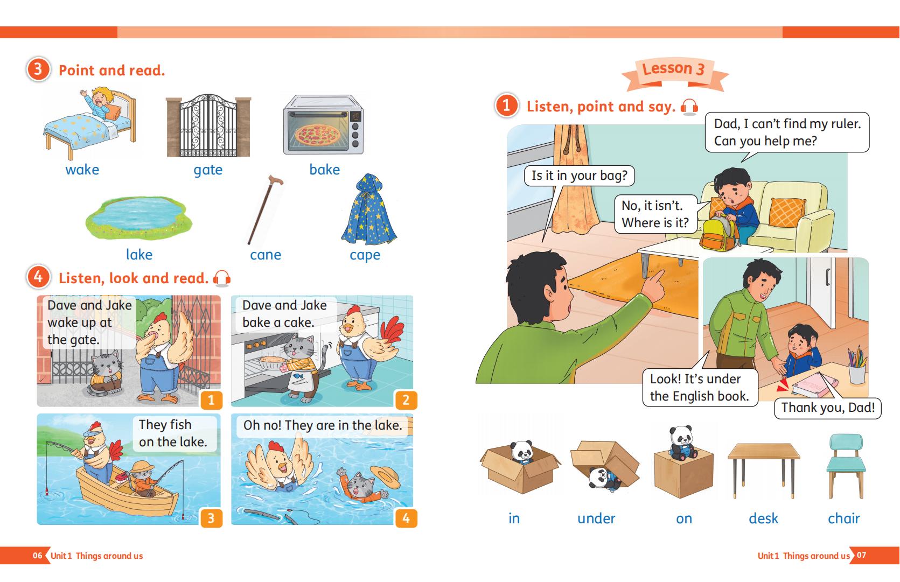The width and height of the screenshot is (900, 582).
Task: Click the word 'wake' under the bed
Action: pyautogui.click(x=82, y=170)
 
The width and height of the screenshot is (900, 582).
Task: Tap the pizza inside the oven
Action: pyautogui.click(x=317, y=134)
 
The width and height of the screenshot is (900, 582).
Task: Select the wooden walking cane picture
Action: pyautogui.click(x=265, y=209)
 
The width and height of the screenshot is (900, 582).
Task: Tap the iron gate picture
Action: pyautogui.click(x=208, y=126)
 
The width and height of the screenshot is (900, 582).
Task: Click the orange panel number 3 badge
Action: pyautogui.click(x=211, y=518)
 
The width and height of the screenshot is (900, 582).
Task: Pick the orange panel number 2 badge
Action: pyautogui.click(x=406, y=399)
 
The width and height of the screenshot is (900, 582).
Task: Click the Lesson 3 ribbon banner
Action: pyautogui.click(x=675, y=73)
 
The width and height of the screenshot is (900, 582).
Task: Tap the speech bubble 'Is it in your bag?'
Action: pyautogui.click(x=579, y=176)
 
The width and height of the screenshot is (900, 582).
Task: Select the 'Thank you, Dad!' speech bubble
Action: pyautogui.click(x=827, y=408)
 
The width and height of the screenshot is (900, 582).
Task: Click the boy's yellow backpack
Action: pyautogui.click(x=719, y=234)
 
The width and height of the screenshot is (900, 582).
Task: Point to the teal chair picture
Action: pyautogui.click(x=846, y=466)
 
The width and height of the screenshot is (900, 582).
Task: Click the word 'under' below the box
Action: pyautogui.click(x=596, y=518)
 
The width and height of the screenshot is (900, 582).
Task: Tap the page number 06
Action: pyautogui.click(x=37, y=556)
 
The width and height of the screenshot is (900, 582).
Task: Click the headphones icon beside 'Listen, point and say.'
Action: pyautogui.click(x=689, y=107)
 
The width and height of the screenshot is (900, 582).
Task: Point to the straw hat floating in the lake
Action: pyautogui.click(x=385, y=476)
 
